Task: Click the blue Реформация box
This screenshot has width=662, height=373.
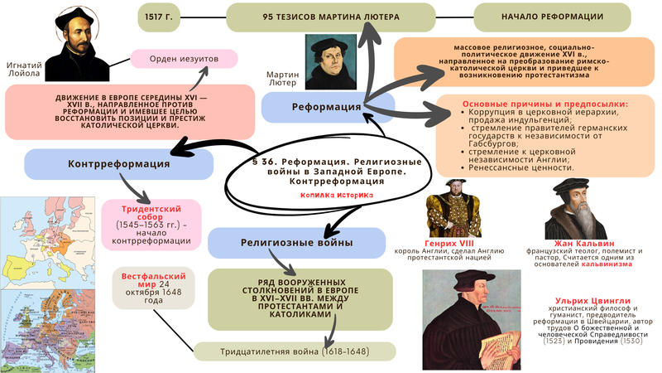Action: click(315, 108)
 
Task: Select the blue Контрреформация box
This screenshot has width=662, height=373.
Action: click(107, 163)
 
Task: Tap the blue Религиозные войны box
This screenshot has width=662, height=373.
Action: click(285, 243)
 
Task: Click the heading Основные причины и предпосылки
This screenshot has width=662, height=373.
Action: click(543, 104)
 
